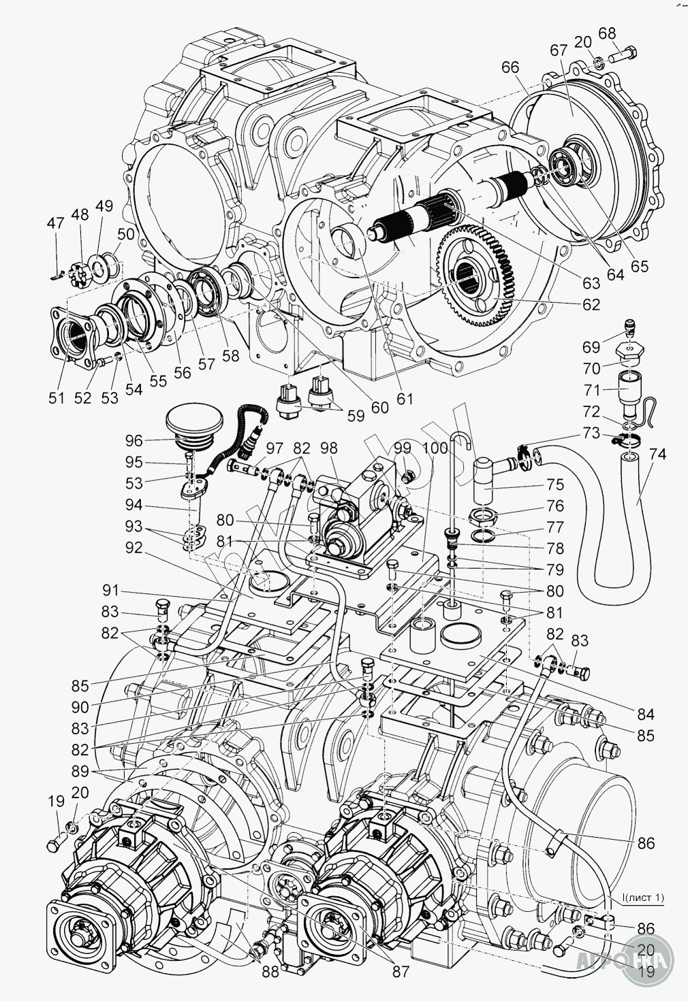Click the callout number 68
pos(606,33)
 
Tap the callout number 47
pos(55,223)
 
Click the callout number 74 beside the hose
pos(657,455)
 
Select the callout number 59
pos(354,416)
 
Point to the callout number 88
pos(270,983)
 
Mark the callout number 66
pos(510,67)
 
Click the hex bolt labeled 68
pos(622,54)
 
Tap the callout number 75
pos(554,485)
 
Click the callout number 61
pos(405,398)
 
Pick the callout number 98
pos(329,448)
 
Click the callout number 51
pos(57,398)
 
